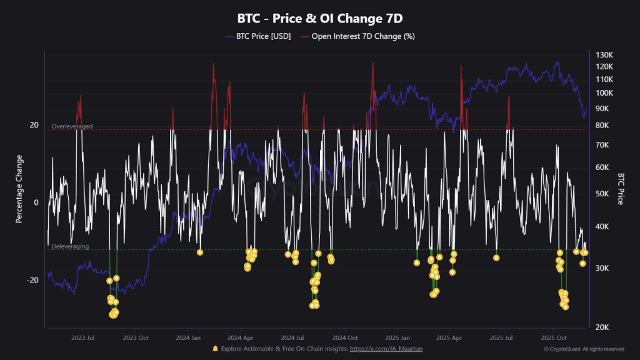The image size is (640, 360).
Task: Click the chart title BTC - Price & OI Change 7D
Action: click(x=319, y=18)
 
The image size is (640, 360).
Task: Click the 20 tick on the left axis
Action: click(x=34, y=125)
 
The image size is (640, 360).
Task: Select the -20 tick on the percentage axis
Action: click(x=32, y=280)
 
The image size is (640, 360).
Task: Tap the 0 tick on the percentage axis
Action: click(x=36, y=202)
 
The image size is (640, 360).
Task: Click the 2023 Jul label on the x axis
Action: click(x=82, y=337)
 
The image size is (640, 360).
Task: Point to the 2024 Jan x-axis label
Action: click(x=187, y=337)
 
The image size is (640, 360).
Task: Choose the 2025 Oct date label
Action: click(x=553, y=337)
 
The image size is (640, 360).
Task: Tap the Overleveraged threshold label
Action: click(x=72, y=126)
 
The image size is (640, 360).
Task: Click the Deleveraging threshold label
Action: click(x=70, y=246)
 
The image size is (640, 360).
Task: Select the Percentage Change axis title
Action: click(x=19, y=188)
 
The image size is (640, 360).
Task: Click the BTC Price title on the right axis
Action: click(x=621, y=189)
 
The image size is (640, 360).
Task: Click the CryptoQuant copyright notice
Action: click(x=584, y=349)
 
